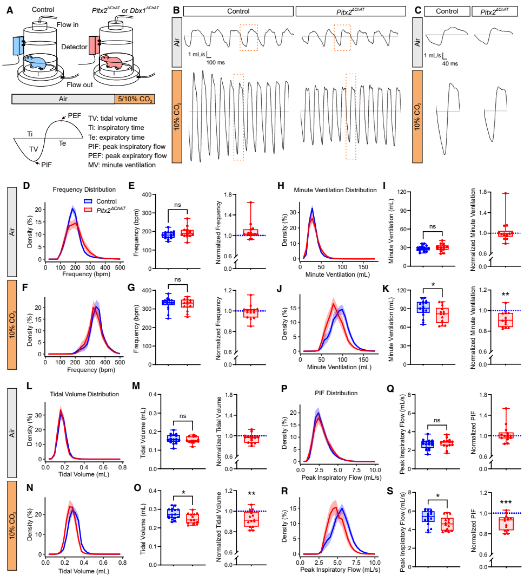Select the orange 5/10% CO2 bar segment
click(135, 99)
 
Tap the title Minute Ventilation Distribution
click(334, 190)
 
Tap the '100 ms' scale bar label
click(215, 62)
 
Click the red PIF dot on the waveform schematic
click(36, 162)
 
